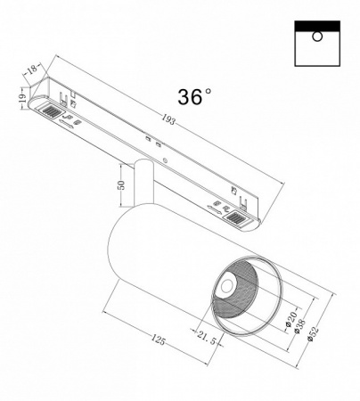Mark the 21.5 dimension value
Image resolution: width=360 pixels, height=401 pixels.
[x=207, y=337]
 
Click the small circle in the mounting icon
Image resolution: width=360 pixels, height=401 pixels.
[x=316, y=37]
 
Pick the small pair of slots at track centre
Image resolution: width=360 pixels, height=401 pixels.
[x=153, y=141]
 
